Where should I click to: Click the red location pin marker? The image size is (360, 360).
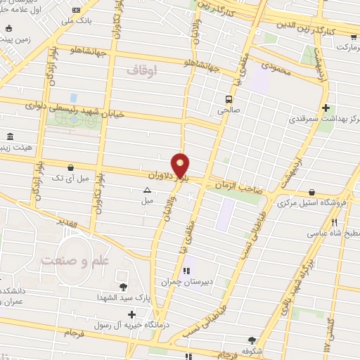[x=181, y=165]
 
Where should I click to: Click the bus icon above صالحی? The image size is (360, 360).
[x=229, y=99]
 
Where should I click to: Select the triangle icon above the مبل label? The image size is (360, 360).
[x=147, y=190]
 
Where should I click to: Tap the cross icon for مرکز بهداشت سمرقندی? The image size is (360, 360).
[x=325, y=108]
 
